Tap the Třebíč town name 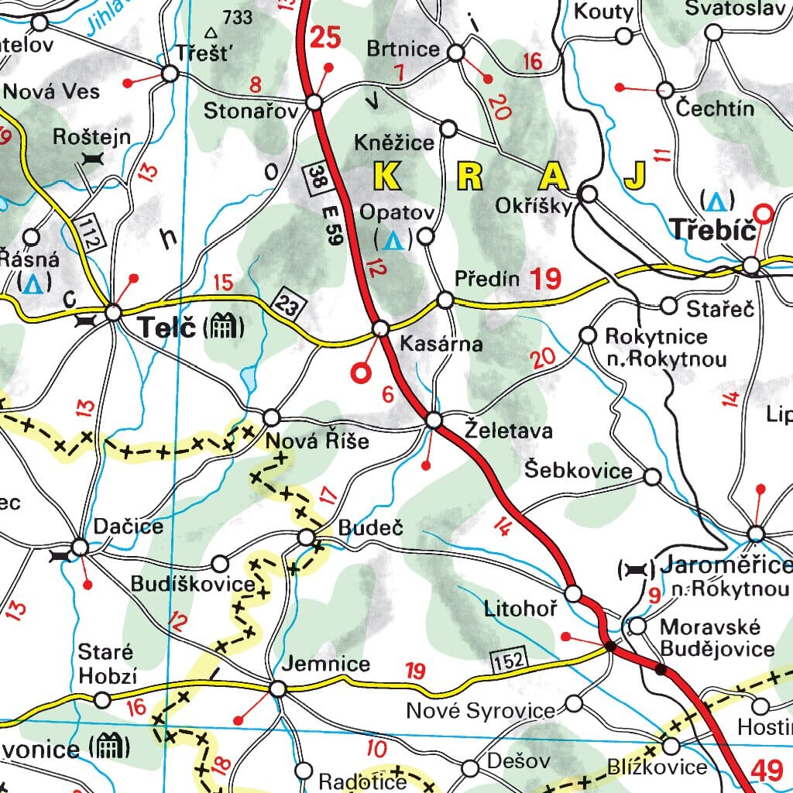(x=710, y=230)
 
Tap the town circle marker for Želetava (x=434, y=421)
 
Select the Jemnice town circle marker (x=278, y=688)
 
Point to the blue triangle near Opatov (x=393, y=241)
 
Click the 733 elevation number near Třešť (x=237, y=16)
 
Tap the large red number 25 (x=325, y=36)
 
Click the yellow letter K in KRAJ (x=388, y=177)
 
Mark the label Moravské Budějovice (x=716, y=637)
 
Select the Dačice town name (x=129, y=527)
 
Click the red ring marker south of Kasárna (x=360, y=373)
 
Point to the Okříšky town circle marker (x=589, y=194)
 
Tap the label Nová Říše (x=317, y=441)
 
